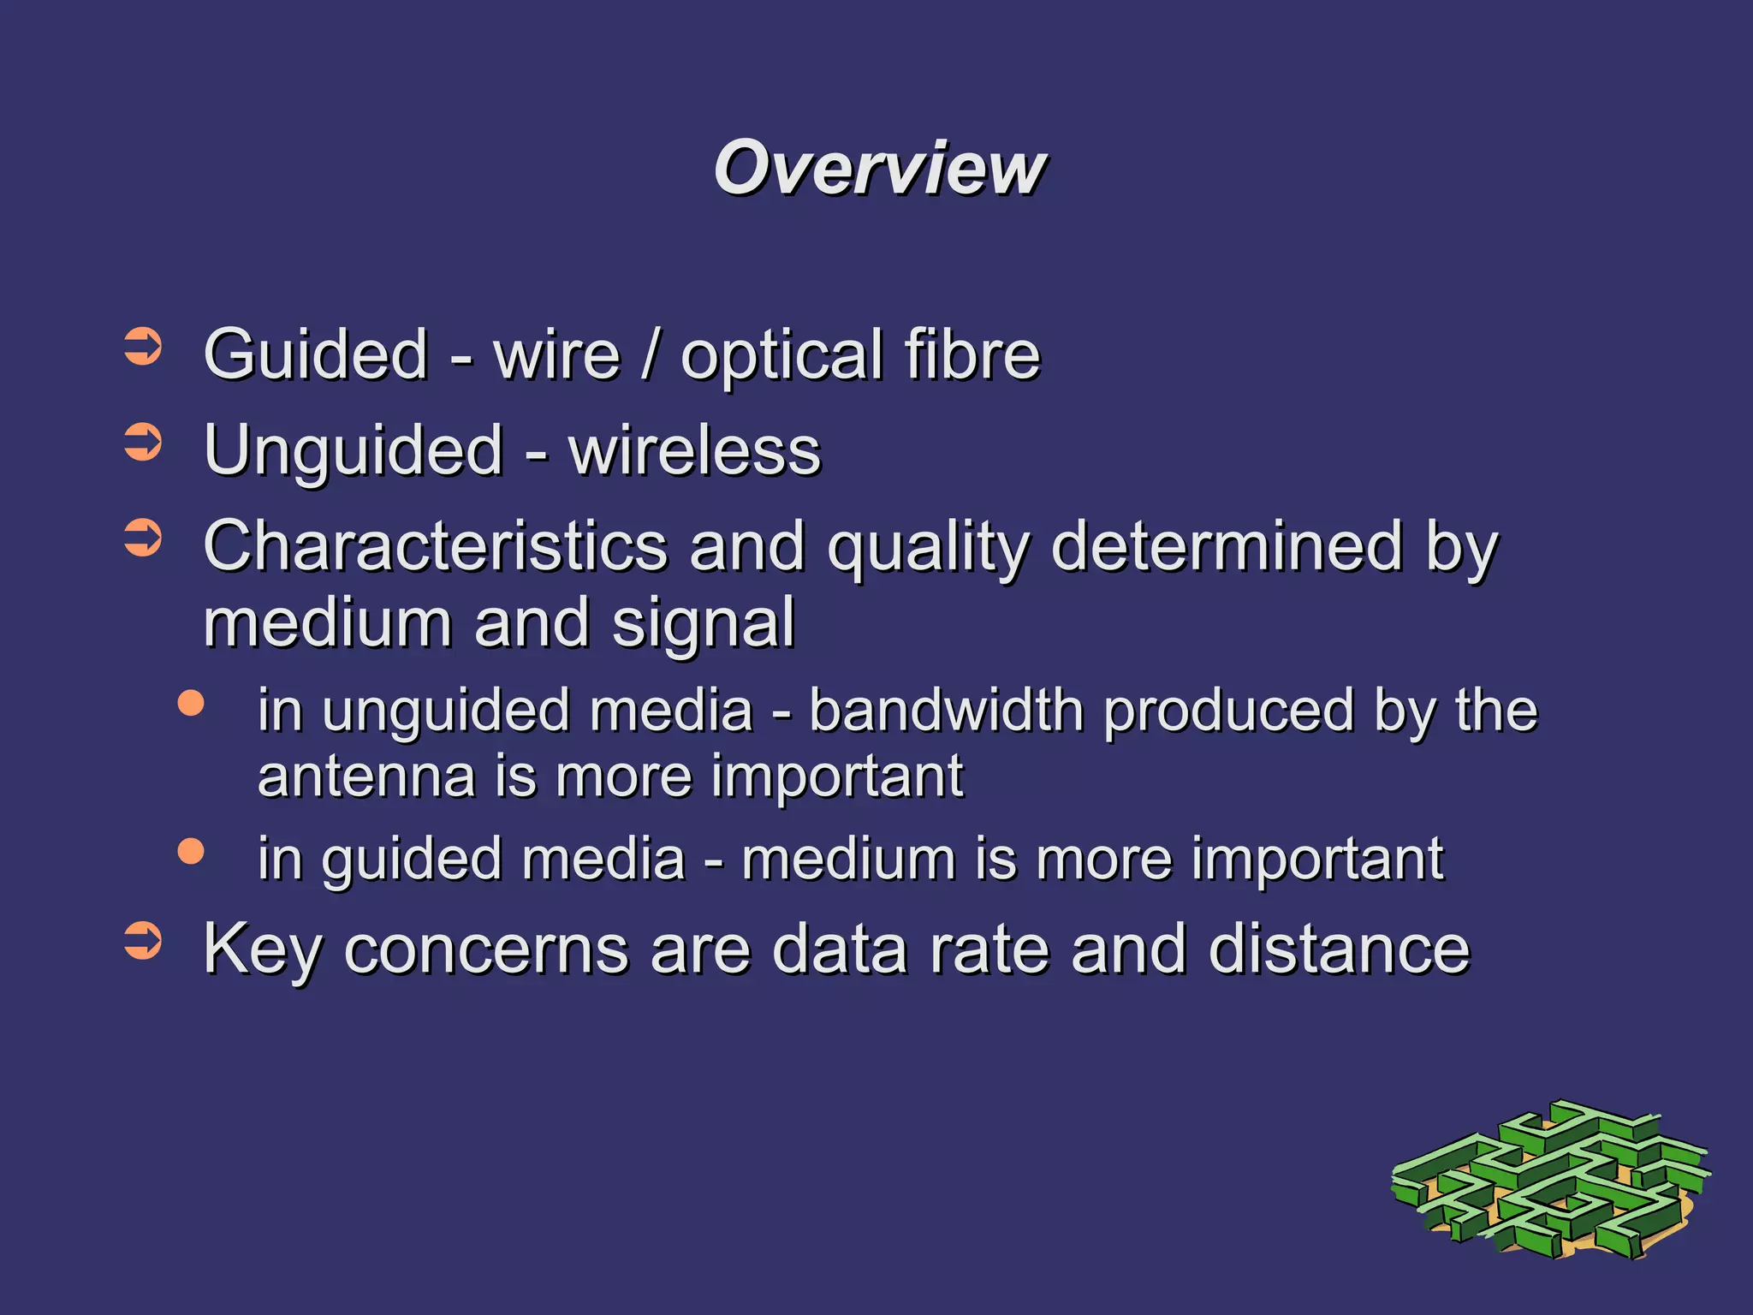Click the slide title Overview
[x=879, y=168]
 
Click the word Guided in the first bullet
[x=315, y=354]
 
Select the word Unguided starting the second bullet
[x=354, y=451]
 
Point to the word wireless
[x=694, y=451]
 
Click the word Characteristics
[x=435, y=546]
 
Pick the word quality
[x=928, y=548]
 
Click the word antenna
[x=365, y=777]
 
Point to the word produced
[x=1228, y=711]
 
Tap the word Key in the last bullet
[x=262, y=950]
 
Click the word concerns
[x=485, y=950]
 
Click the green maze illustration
[x=1550, y=1177]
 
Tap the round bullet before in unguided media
[x=191, y=703]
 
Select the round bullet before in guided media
[x=191, y=851]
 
